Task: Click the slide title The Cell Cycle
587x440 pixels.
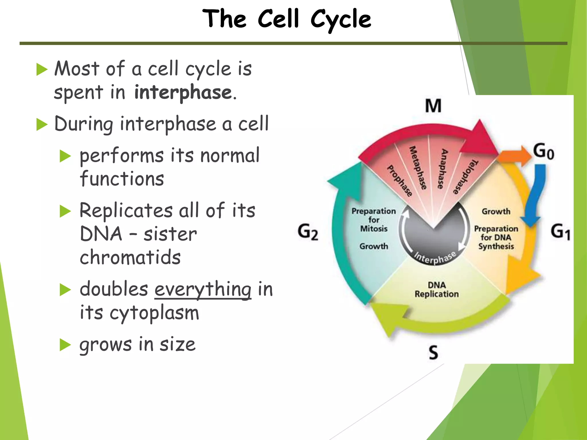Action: [x=287, y=19]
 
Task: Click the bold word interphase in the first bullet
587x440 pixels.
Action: [x=183, y=93]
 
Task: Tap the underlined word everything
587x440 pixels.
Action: [x=203, y=289]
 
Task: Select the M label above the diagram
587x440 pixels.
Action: [x=433, y=106]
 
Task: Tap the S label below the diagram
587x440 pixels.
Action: [x=433, y=352]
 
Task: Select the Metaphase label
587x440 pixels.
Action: [x=418, y=168]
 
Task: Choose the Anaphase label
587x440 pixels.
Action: [x=442, y=169]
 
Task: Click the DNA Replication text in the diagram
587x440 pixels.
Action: [x=437, y=290]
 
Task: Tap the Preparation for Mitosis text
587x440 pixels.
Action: [x=374, y=220]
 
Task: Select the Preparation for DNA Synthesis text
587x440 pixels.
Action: [x=496, y=237]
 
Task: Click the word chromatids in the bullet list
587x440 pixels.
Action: [x=130, y=257]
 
